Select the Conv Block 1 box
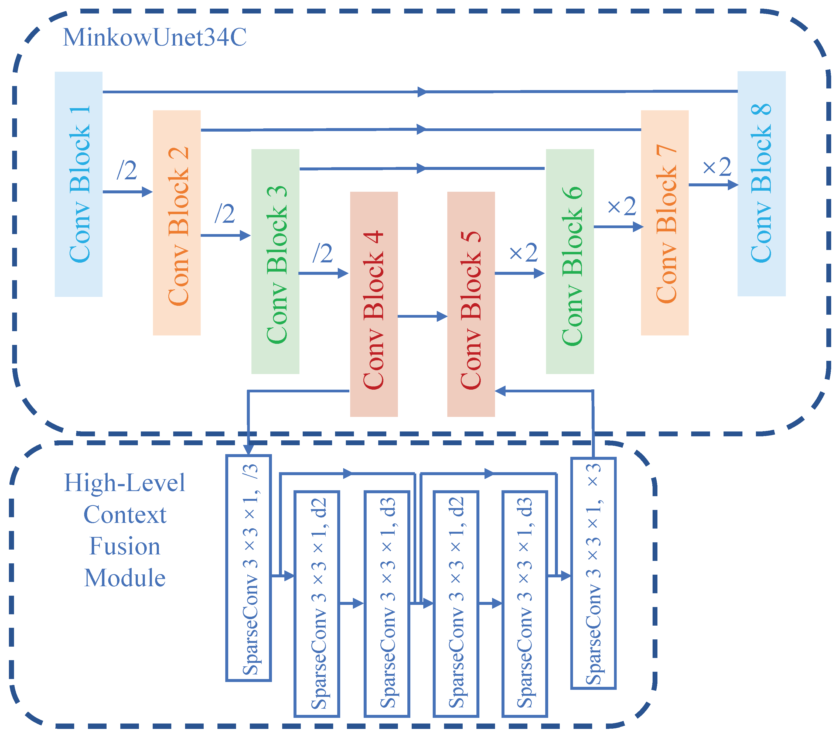(x=79, y=184)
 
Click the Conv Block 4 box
(x=374, y=304)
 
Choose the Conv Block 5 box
(x=471, y=304)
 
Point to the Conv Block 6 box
(x=570, y=261)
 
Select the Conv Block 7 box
(x=664, y=223)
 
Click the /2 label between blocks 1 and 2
(x=127, y=170)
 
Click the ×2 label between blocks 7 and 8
(x=717, y=167)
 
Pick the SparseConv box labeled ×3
(x=594, y=574)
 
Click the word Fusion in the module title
(x=125, y=547)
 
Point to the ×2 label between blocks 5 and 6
(x=523, y=253)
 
